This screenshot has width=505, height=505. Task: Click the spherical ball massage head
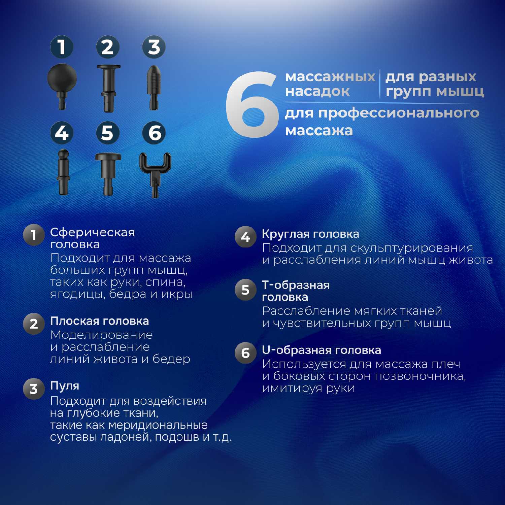[62, 81]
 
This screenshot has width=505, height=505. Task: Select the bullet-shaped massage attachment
[154, 88]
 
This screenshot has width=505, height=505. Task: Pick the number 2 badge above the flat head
[108, 47]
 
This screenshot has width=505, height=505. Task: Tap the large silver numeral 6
[252, 104]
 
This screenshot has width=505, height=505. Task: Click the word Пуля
[65, 386]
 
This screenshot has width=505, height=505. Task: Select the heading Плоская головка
[100, 321]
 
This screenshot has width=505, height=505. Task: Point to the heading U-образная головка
[322, 350]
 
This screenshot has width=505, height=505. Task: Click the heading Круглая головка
[310, 234]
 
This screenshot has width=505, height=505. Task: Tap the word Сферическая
[93, 232]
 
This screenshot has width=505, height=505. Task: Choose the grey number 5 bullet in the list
[245, 290]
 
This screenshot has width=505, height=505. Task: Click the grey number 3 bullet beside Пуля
[34, 389]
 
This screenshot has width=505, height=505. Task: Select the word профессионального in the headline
[399, 113]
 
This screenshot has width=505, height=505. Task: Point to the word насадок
[317, 92]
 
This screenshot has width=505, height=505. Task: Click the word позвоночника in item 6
[420, 376]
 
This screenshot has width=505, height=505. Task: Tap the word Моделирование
[101, 335]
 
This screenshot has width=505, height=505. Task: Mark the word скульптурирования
[411, 248]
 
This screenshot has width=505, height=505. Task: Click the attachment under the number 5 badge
[108, 174]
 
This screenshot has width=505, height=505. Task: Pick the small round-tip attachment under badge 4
[63, 172]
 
